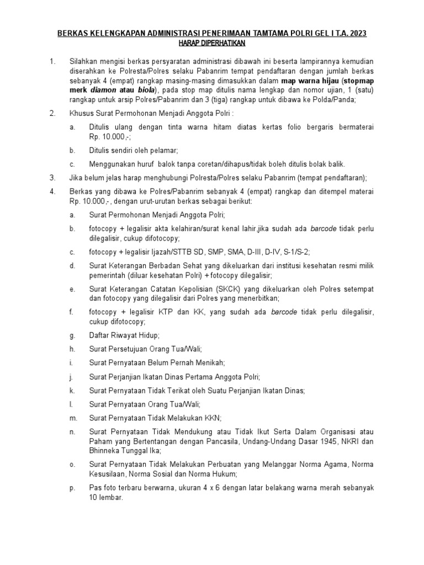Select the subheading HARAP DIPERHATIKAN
coord(212,42)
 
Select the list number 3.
coord(52,178)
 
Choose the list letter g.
coord(72,335)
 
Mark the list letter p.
coord(72,488)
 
